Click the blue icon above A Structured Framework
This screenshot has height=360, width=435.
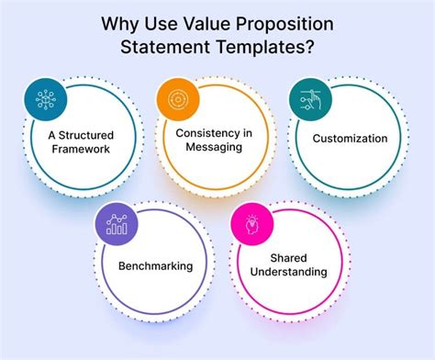(x=42, y=98)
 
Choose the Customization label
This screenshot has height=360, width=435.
(x=350, y=139)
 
